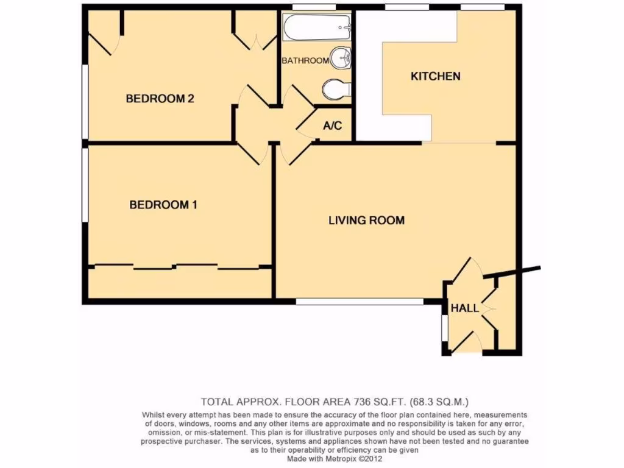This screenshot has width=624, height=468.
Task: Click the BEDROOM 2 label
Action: pyautogui.click(x=160, y=99)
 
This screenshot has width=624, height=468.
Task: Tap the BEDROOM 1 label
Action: pyautogui.click(x=163, y=205)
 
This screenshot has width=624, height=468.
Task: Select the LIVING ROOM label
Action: pyautogui.click(x=366, y=220)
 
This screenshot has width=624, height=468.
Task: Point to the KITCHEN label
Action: pyautogui.click(x=435, y=76)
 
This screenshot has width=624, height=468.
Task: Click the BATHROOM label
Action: pyautogui.click(x=305, y=60)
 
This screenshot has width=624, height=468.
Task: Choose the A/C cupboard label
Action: pyautogui.click(x=333, y=126)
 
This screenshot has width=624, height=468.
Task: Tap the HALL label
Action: pyautogui.click(x=464, y=308)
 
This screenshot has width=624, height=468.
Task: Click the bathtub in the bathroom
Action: pyautogui.click(x=317, y=27)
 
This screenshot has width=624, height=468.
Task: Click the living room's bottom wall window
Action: pyautogui.click(x=360, y=301)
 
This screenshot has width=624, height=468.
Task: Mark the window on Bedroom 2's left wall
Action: pyautogui.click(x=85, y=85)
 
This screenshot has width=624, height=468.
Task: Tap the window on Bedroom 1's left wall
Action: pyautogui.click(x=85, y=186)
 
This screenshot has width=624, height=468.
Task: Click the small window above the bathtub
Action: pyautogui.click(x=314, y=7)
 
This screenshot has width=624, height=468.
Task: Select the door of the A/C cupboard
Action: pyautogui.click(x=305, y=122)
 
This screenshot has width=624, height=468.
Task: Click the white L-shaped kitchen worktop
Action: pyautogui.click(x=369, y=79)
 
